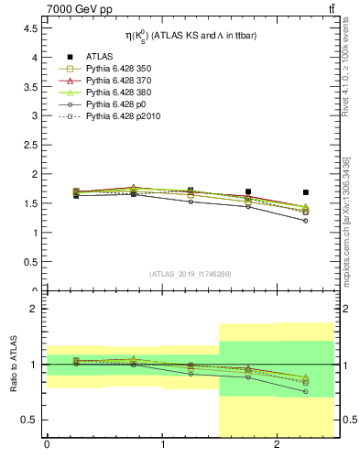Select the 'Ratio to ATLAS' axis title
(12, 365)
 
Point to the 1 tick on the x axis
(162, 446)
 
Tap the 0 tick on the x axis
(47, 446)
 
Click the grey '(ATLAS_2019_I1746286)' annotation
(191, 274)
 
